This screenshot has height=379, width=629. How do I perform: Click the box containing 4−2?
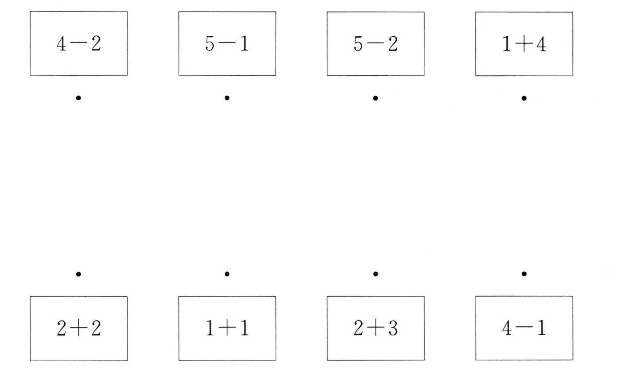coord(78,43)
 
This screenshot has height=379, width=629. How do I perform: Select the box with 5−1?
coord(227,43)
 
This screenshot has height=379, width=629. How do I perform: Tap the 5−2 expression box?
coord(375,43)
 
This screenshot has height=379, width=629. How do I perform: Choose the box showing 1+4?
coord(524,43)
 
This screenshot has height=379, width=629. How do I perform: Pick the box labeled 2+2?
coord(78,328)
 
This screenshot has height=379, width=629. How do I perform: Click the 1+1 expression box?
coord(227,328)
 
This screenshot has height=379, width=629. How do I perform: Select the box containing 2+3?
coord(375,328)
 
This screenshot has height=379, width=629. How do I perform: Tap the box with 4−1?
coord(524,328)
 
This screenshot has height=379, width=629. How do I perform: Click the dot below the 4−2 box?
coord(78,98)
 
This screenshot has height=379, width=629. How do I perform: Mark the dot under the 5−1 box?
coord(227,98)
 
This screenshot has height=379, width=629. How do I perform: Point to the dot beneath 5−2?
coord(375,98)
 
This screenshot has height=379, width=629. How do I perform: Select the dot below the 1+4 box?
coord(524,98)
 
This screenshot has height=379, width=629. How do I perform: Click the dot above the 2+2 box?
coord(78,274)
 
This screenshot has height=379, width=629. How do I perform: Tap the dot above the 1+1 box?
coord(227,274)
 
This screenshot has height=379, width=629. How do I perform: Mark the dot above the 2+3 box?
coord(375,274)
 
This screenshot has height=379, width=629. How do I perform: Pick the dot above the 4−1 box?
coord(524,274)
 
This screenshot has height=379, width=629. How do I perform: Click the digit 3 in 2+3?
coord(393,328)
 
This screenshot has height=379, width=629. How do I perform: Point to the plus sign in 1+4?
coord(524,44)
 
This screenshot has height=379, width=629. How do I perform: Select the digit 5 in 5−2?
coord(358,44)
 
